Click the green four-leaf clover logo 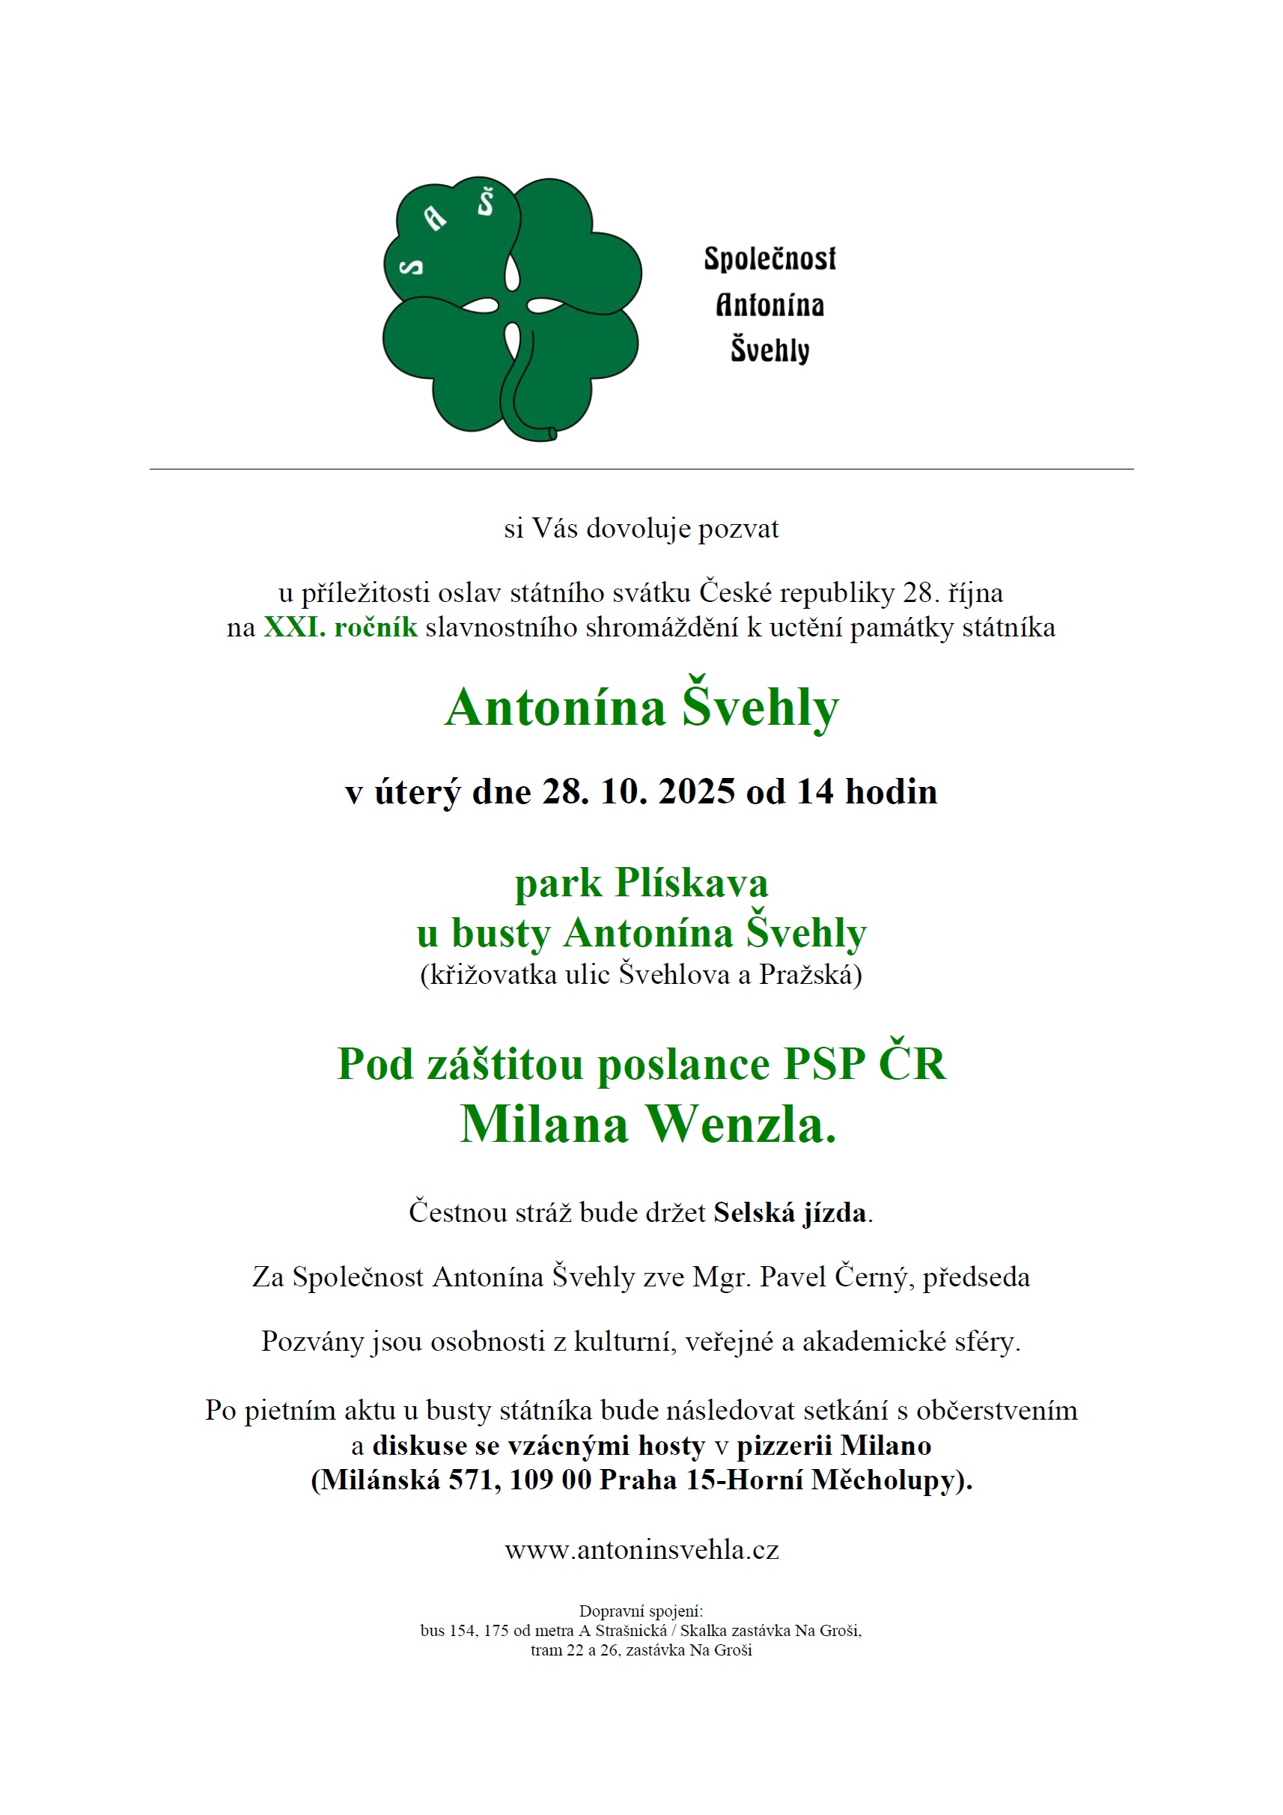click(511, 308)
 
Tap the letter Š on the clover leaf click(485, 203)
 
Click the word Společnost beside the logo click(770, 259)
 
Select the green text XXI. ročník click(340, 627)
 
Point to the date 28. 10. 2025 click(639, 791)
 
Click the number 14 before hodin click(814, 791)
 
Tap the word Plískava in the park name click(692, 882)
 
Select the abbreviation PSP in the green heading click(823, 1063)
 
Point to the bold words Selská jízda click(789, 1211)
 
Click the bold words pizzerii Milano click(833, 1445)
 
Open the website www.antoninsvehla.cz click(641, 1549)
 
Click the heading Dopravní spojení click(640, 1611)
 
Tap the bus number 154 click(463, 1630)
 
